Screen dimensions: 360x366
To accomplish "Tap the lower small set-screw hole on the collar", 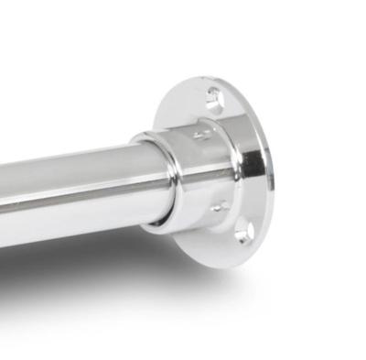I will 218,207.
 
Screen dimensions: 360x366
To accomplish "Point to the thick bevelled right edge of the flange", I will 267,174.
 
